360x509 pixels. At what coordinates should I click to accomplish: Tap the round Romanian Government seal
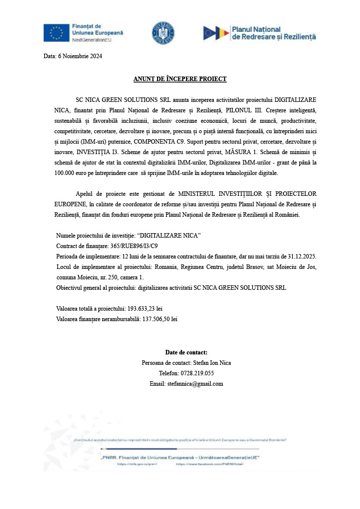[163, 33]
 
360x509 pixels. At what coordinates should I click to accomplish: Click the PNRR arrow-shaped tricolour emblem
[216, 33]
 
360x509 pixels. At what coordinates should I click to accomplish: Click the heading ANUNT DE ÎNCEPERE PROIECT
[180, 79]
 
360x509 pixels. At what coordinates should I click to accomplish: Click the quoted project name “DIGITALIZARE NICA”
[169, 235]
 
